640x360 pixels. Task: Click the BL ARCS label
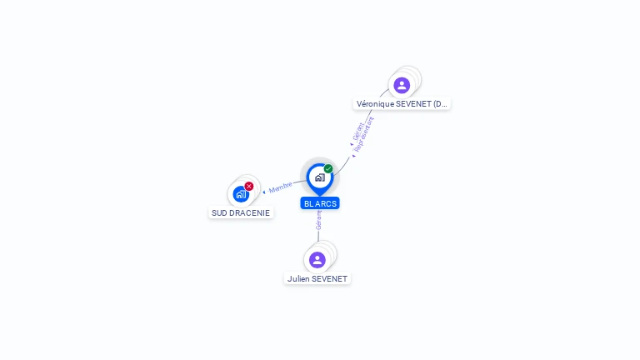tap(320, 203)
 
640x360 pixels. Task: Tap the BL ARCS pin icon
tap(319, 177)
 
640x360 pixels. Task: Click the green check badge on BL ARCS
tap(328, 169)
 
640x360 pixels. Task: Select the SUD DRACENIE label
tap(241, 212)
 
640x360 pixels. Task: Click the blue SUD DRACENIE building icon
tap(240, 194)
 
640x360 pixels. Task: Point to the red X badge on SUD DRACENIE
tap(249, 186)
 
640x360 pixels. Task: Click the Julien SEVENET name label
tap(317, 278)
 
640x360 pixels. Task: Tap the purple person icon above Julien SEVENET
tap(317, 259)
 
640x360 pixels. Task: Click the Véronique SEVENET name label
tap(402, 104)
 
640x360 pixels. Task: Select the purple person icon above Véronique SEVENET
tap(402, 85)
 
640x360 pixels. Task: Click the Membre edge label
tap(281, 187)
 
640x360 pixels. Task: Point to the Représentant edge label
tap(365, 133)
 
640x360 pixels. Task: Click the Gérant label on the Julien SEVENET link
tap(318, 220)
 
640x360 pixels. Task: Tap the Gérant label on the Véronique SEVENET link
tap(357, 132)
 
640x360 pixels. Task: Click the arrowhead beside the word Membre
tap(264, 192)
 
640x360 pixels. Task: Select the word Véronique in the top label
tap(374, 104)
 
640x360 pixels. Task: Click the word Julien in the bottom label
tap(297, 278)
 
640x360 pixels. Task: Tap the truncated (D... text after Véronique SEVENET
tap(440, 104)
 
